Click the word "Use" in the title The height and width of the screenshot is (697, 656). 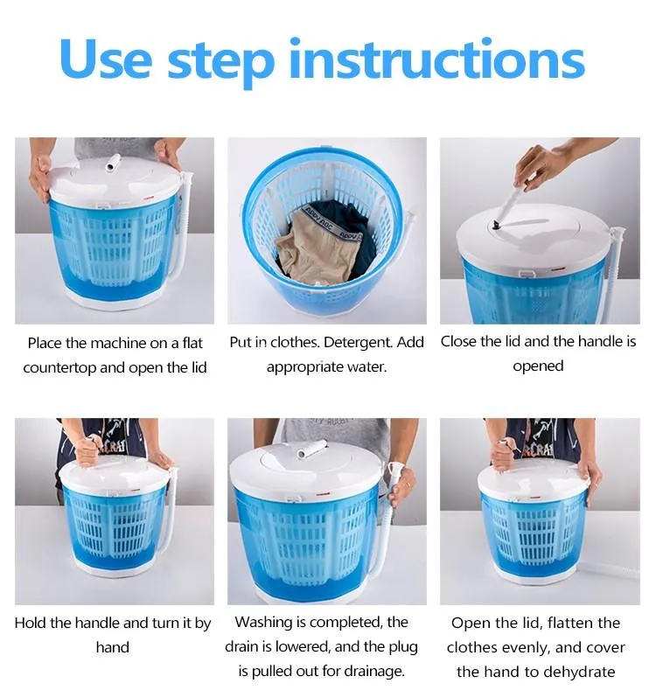click(x=103, y=59)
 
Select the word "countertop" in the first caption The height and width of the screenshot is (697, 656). click(x=60, y=367)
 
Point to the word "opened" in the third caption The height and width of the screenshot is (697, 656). click(x=538, y=366)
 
